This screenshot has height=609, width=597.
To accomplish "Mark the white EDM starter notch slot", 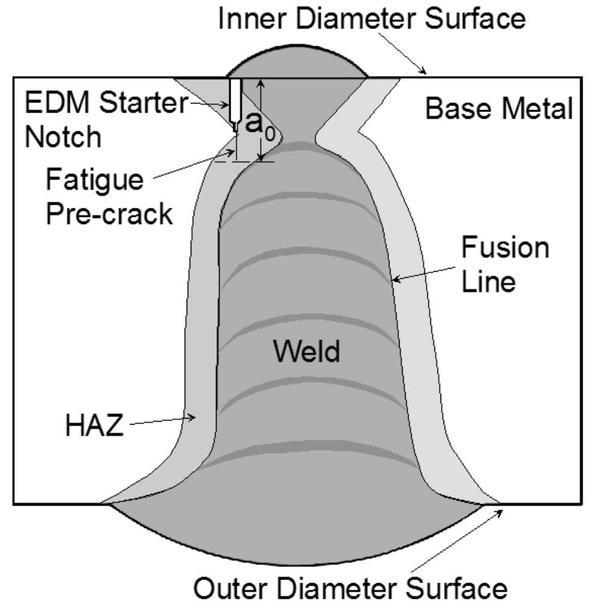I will click(235, 99).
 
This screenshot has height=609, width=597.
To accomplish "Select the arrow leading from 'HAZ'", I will click(162, 421).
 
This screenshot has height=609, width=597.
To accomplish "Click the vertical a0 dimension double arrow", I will click(261, 120).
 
